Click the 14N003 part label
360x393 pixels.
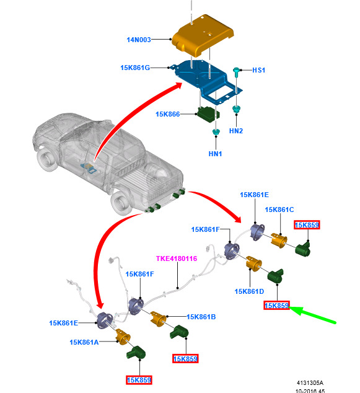pyautogui.click(x=139, y=40)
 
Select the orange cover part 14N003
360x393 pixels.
pyautogui.click(x=203, y=35)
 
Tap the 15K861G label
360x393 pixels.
pyautogui.click(x=135, y=68)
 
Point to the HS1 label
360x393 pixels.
pyautogui.click(x=258, y=70)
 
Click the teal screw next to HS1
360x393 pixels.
pyautogui.click(x=236, y=72)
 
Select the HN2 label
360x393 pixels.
pyautogui.click(x=236, y=131)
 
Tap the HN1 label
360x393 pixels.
pyautogui.click(x=215, y=154)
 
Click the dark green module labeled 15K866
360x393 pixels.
pyautogui.click(x=208, y=115)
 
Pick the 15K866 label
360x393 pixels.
pyautogui.click(x=167, y=114)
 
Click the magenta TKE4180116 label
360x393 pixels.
pyautogui.click(x=177, y=258)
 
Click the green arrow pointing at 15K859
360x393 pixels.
pyautogui.click(x=312, y=314)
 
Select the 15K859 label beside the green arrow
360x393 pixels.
pyautogui.click(x=276, y=306)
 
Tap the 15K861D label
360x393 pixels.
pyautogui.click(x=249, y=291)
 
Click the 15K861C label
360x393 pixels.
pyautogui.click(x=279, y=210)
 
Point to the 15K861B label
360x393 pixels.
pyautogui.click(x=201, y=317)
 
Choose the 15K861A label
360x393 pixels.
pyautogui.click(x=84, y=342)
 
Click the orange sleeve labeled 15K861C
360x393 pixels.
pyautogui.click(x=279, y=241)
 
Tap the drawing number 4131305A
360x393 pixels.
pyautogui.click(x=310, y=383)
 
